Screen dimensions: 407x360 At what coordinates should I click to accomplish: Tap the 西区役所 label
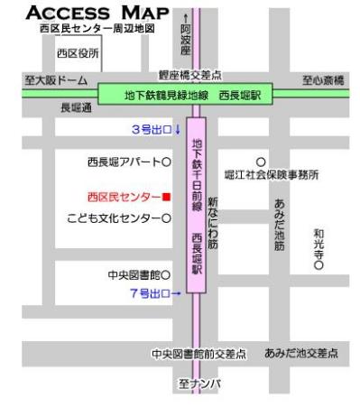(x=78, y=53)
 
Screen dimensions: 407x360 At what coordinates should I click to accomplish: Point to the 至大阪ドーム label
(x=56, y=80)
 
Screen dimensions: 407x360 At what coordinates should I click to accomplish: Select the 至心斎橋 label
(x=323, y=80)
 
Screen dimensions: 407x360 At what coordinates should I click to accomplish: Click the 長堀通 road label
(x=76, y=107)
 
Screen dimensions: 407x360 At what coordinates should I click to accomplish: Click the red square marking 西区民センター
(x=166, y=196)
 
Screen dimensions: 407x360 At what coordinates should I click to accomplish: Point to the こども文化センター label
(x=115, y=217)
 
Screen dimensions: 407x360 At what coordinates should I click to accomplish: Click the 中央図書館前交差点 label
(x=198, y=354)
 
